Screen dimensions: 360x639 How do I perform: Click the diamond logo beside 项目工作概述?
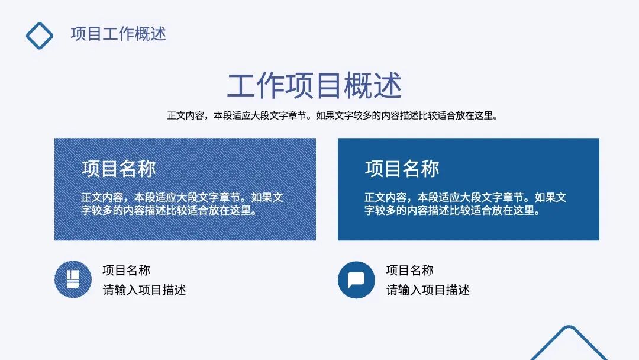pyautogui.click(x=40, y=35)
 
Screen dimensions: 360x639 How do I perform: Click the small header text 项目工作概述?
pyautogui.click(x=118, y=34)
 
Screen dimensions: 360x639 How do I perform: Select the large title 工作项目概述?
pyautogui.click(x=314, y=85)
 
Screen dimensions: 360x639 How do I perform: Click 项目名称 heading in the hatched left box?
pyautogui.click(x=118, y=169)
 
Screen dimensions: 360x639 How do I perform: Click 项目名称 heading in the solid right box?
pyautogui.click(x=402, y=169)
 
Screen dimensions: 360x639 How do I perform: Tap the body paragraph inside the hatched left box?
pyautogui.click(x=182, y=204)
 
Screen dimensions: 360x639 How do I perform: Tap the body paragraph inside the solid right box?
pyautogui.click(x=465, y=204)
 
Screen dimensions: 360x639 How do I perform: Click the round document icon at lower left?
pyautogui.click(x=73, y=279)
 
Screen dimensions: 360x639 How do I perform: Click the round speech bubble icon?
pyautogui.click(x=356, y=279)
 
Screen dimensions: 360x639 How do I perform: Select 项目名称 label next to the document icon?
pyautogui.click(x=126, y=271)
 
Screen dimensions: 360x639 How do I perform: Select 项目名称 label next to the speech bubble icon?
pyautogui.click(x=409, y=271)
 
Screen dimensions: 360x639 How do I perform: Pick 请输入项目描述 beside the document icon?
pyautogui.click(x=144, y=290)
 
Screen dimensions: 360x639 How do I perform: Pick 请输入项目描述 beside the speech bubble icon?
pyautogui.click(x=428, y=290)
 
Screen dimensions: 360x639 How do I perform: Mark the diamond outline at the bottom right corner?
pyautogui.click(x=568, y=343)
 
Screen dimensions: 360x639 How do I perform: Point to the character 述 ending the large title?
pyautogui.click(x=388, y=85)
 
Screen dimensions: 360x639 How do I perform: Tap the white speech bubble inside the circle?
pyautogui.click(x=356, y=279)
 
